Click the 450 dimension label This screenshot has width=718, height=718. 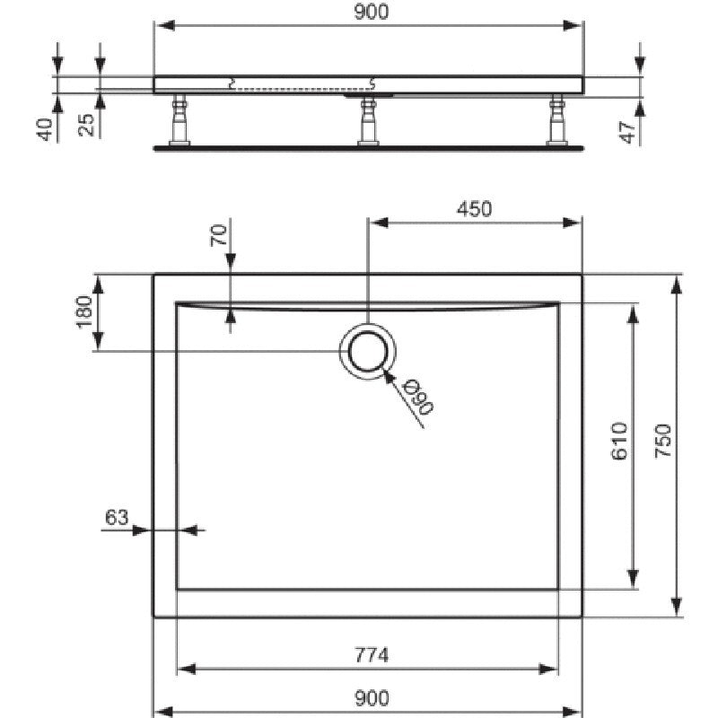475,209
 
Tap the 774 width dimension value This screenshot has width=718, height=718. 372,655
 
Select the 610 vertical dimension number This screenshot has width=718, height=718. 619,441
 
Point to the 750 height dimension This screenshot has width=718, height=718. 662,441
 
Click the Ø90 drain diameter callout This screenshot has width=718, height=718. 417,398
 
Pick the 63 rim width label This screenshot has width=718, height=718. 117,518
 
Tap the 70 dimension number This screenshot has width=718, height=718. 219,235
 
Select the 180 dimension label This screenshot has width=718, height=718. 84,312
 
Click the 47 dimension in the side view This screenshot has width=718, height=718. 627,132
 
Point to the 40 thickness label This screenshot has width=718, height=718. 44,129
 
